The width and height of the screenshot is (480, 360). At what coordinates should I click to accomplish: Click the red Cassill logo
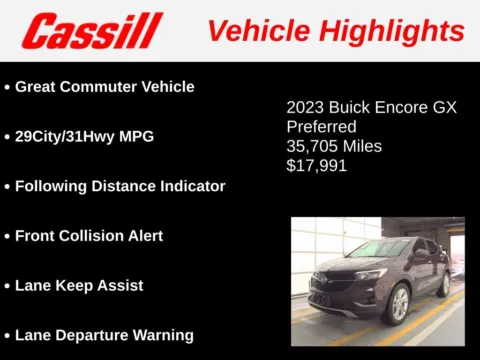point(91,31)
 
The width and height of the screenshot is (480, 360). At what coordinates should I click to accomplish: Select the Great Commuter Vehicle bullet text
point(104,87)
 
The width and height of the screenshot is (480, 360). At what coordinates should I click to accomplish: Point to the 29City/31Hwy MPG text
point(84,136)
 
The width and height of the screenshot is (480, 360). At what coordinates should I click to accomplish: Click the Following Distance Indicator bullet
point(120,186)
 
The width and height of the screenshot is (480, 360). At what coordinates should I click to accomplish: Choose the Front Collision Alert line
point(89,236)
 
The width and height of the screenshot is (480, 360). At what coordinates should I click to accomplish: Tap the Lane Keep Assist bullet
point(79,285)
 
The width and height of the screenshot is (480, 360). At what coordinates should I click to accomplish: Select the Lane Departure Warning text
point(104,335)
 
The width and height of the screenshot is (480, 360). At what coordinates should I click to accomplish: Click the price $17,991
point(316,166)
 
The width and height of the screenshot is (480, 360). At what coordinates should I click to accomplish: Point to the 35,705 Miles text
point(334,146)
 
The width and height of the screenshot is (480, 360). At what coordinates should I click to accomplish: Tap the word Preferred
point(321,127)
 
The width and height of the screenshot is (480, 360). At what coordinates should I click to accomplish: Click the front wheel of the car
point(397,303)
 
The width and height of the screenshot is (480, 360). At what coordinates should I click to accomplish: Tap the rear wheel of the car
point(442,285)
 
